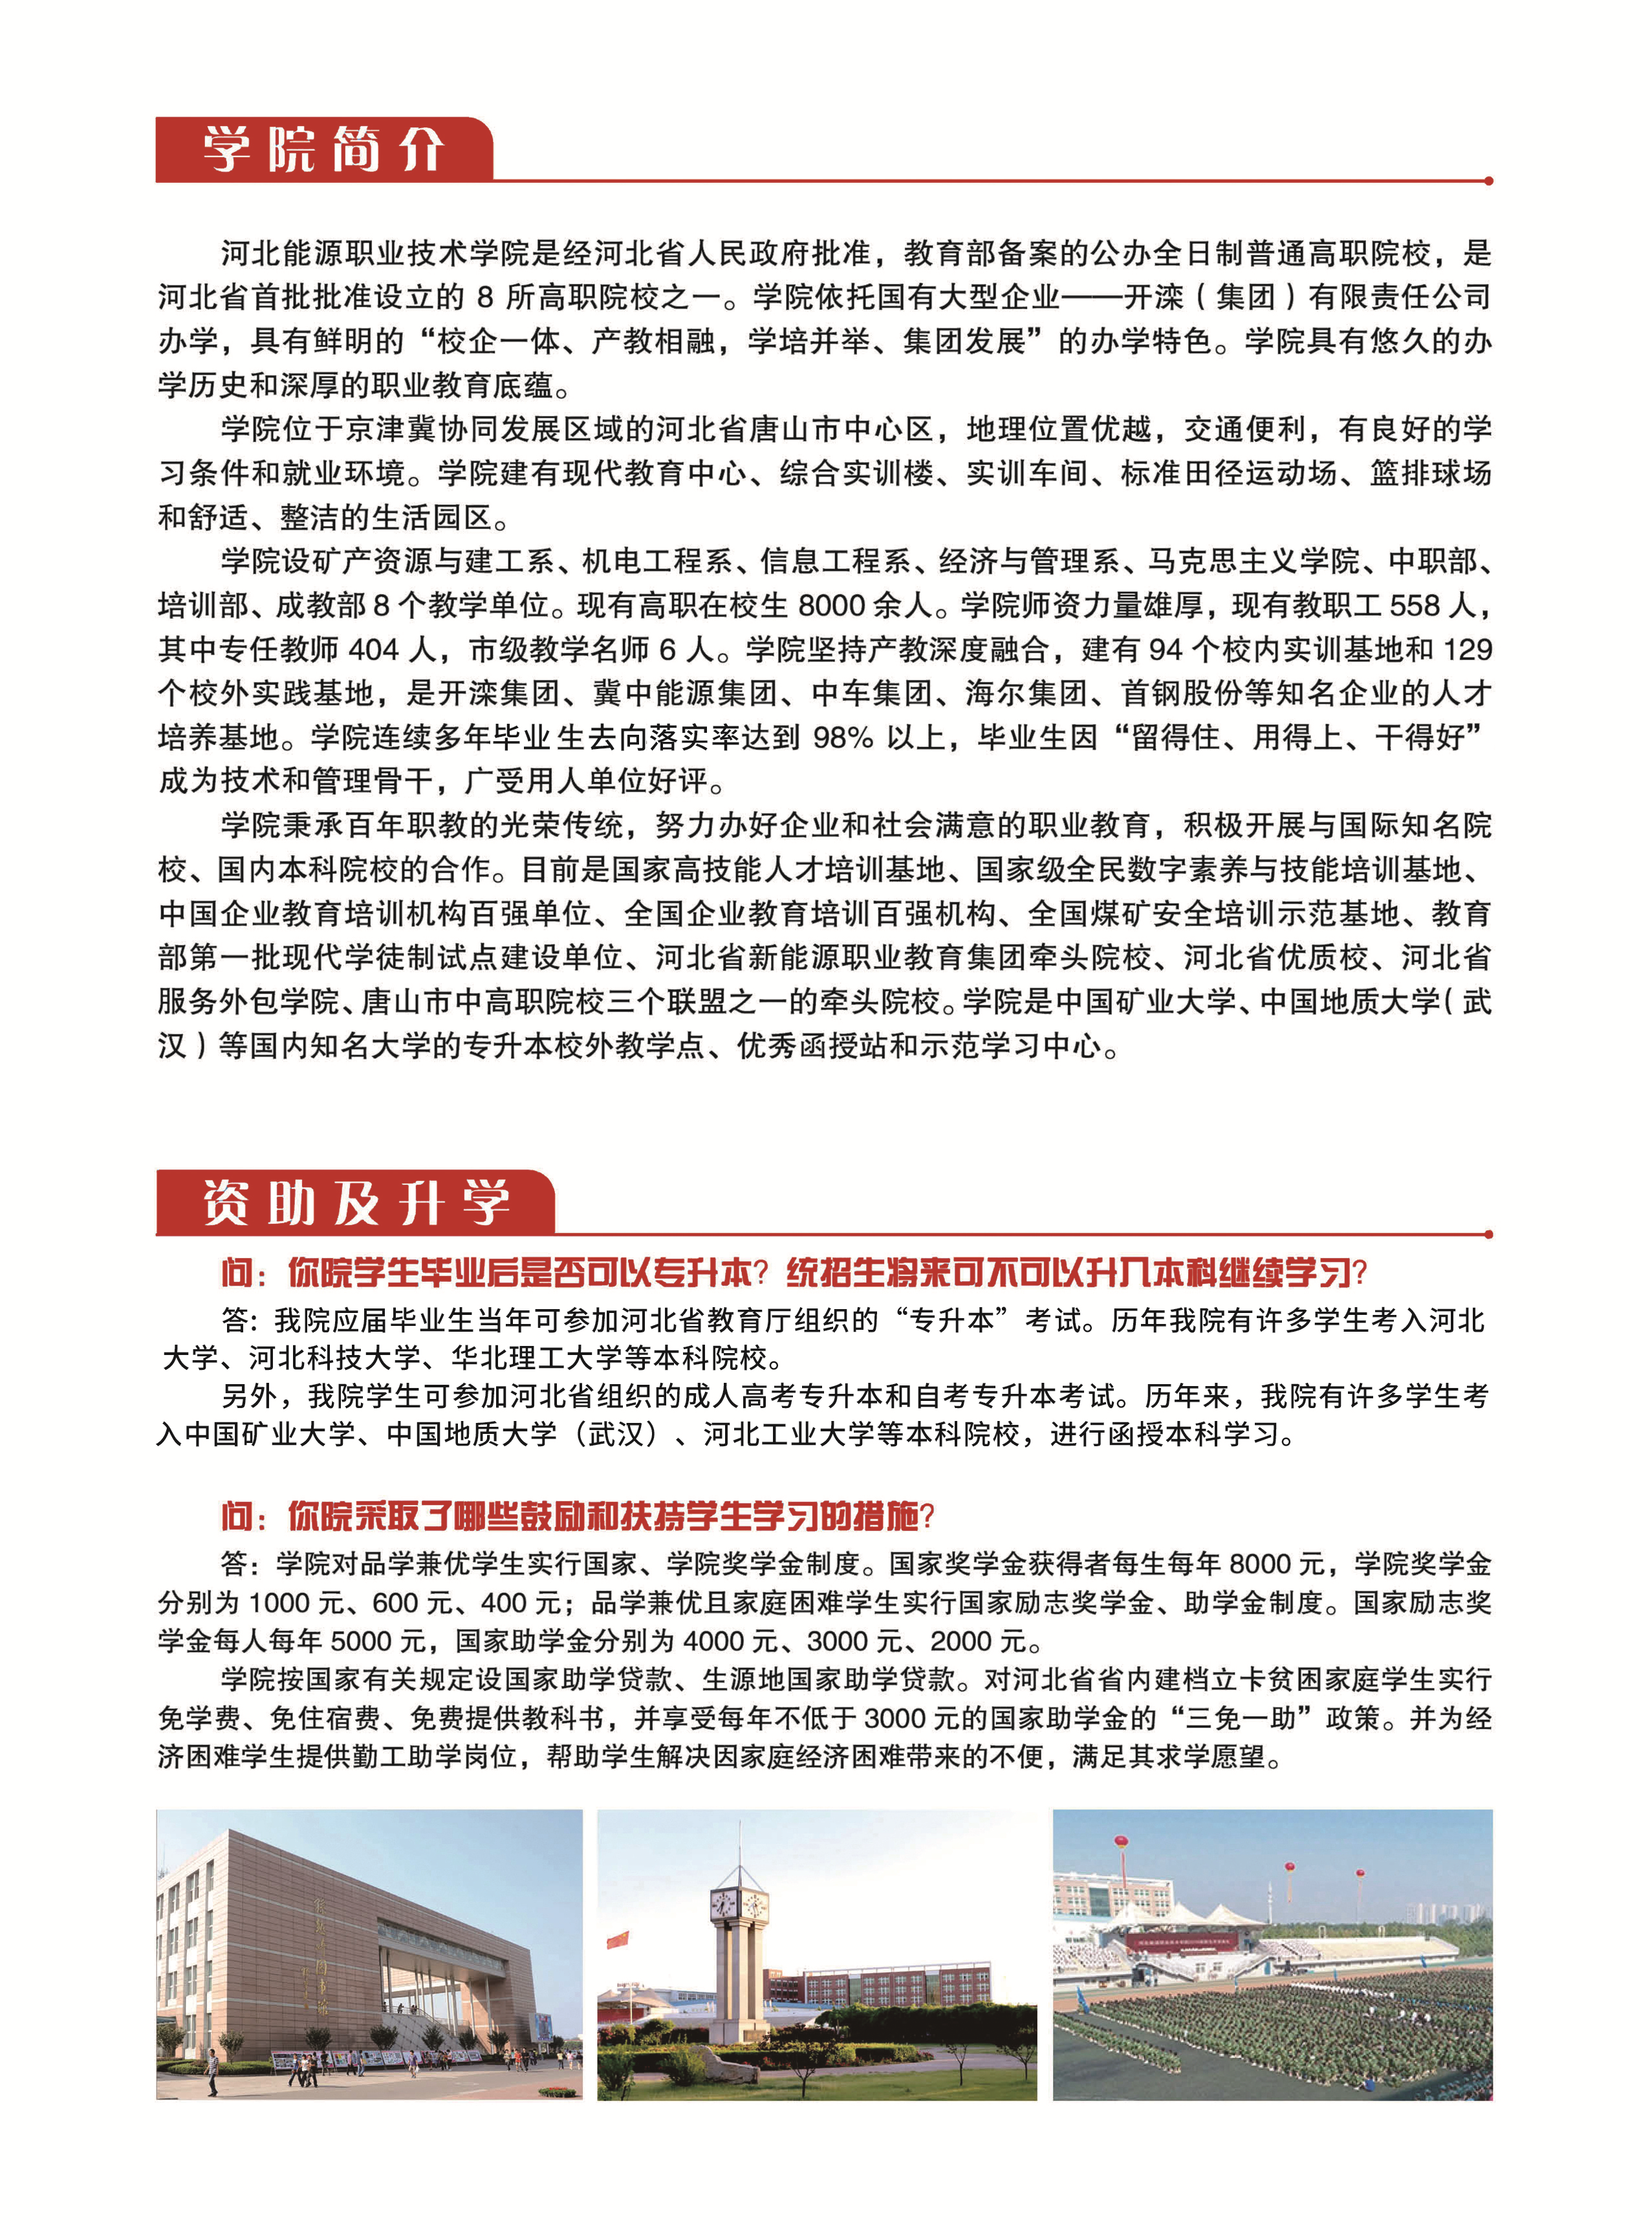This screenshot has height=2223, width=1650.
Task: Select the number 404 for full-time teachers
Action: coord(374,650)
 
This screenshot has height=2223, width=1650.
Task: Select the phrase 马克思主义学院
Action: coord(1252,562)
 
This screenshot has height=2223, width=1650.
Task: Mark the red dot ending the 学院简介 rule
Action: coord(1488,180)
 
